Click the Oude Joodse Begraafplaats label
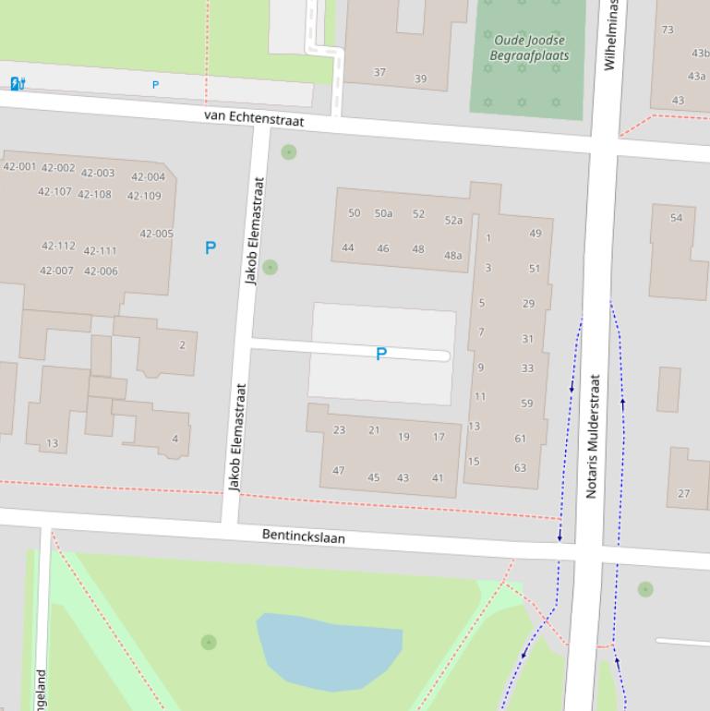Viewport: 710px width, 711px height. tap(529, 48)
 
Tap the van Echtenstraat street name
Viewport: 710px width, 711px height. tap(254, 118)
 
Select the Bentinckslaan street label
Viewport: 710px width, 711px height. tap(304, 536)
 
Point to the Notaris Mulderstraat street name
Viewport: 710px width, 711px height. tap(594, 436)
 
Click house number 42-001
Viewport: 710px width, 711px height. tap(19, 167)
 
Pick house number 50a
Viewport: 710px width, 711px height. tap(383, 214)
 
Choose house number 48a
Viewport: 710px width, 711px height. tap(452, 256)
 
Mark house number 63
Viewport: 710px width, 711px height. tap(520, 467)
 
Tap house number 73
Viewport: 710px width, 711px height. tap(668, 30)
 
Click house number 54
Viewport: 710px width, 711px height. tap(677, 218)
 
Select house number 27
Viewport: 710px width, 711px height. tap(683, 493)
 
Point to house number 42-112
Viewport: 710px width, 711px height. tap(58, 247)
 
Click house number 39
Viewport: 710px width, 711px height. tap(420, 78)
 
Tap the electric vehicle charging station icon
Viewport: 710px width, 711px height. tap(17, 84)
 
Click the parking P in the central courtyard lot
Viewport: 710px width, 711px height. tap(380, 354)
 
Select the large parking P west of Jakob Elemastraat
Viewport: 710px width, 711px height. tap(211, 247)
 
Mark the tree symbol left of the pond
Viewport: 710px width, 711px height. tap(209, 642)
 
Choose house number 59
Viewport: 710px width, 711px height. tap(526, 404)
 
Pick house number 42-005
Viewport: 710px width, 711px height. tap(156, 234)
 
